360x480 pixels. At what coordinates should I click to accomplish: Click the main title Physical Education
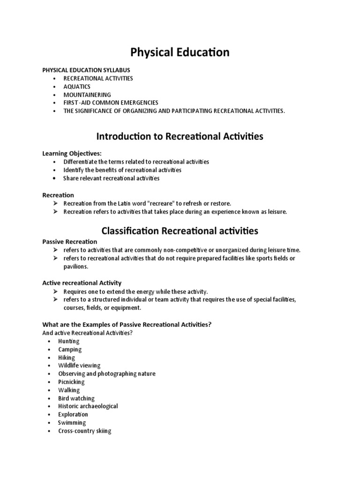tap(180, 52)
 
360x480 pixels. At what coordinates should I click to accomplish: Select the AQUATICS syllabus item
tap(77, 87)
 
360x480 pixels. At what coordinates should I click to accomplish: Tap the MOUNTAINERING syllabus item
tap(87, 95)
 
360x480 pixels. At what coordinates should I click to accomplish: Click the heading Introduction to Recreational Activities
tap(180, 136)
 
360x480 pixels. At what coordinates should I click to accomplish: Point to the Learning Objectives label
tap(72, 153)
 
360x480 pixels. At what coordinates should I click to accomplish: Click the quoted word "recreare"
tap(162, 203)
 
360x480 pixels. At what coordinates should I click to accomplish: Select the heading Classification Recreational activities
tap(180, 231)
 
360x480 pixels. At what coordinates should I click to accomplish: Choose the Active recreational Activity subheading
tap(82, 283)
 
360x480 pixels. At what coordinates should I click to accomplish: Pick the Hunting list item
tap(69, 341)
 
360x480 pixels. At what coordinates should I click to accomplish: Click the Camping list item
tap(70, 349)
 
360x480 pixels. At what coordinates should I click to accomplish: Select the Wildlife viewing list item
tap(79, 365)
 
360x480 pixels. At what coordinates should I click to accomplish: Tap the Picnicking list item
tap(71, 382)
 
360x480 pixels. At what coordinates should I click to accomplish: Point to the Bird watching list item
tap(76, 398)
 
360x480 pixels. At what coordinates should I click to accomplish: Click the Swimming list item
tap(72, 422)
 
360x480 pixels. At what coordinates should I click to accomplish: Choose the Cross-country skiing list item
tap(85, 431)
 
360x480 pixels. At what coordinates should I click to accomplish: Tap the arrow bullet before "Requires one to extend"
tap(55, 292)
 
